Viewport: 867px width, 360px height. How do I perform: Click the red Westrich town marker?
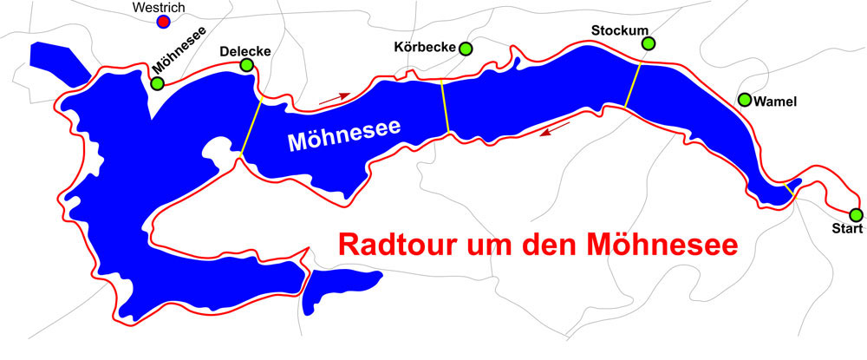[x=164, y=22]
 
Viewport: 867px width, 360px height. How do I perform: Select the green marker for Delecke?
[x=247, y=65]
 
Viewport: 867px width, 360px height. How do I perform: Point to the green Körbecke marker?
[x=466, y=49]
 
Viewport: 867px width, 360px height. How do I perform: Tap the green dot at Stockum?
[x=649, y=43]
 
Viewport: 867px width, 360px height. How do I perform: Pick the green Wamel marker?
[x=745, y=100]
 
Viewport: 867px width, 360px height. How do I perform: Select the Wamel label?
[x=775, y=102]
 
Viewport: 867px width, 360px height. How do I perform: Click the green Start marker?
[x=856, y=214]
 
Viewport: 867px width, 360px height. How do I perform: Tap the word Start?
[x=846, y=229]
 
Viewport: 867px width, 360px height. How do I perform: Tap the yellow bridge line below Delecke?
[x=251, y=126]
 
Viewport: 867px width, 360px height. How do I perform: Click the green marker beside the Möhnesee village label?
[x=157, y=83]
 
